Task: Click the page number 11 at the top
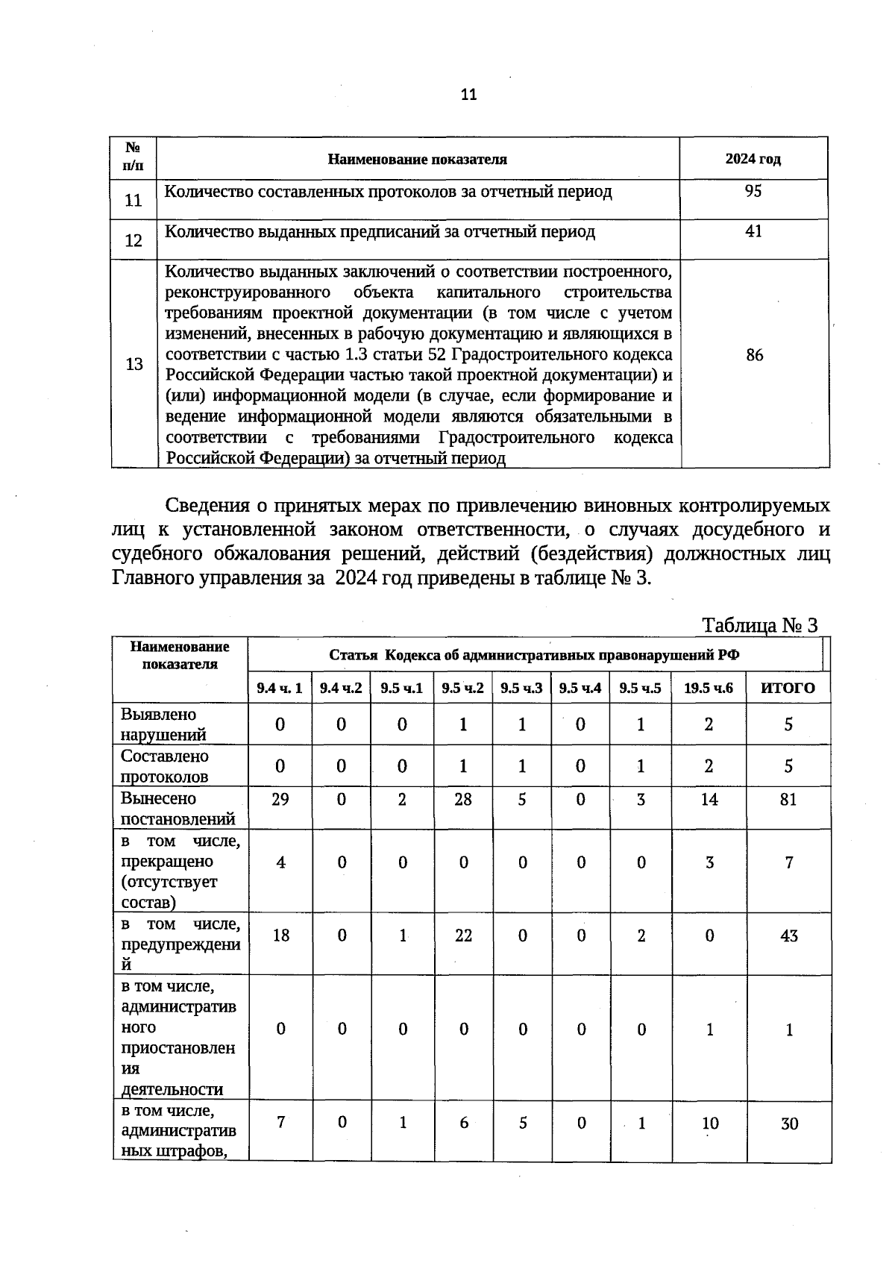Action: click(x=468, y=95)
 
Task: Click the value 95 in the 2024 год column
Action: click(x=753, y=192)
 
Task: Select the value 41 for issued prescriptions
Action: click(x=753, y=232)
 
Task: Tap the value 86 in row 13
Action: click(x=754, y=356)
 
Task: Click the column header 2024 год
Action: click(x=753, y=160)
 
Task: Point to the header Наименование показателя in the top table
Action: click(x=418, y=160)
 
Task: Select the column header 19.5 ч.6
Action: click(x=709, y=688)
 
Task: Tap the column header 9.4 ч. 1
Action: click(x=280, y=688)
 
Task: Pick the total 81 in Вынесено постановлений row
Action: click(x=788, y=800)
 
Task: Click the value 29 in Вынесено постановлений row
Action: click(x=280, y=800)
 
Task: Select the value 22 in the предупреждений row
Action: click(x=463, y=936)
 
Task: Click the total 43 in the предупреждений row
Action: click(x=788, y=936)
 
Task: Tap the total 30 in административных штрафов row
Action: click(x=789, y=1123)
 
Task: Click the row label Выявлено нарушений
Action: click(x=163, y=724)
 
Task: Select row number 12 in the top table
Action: click(x=134, y=241)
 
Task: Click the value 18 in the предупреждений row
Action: click(x=280, y=936)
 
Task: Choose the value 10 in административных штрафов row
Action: click(x=709, y=1123)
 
